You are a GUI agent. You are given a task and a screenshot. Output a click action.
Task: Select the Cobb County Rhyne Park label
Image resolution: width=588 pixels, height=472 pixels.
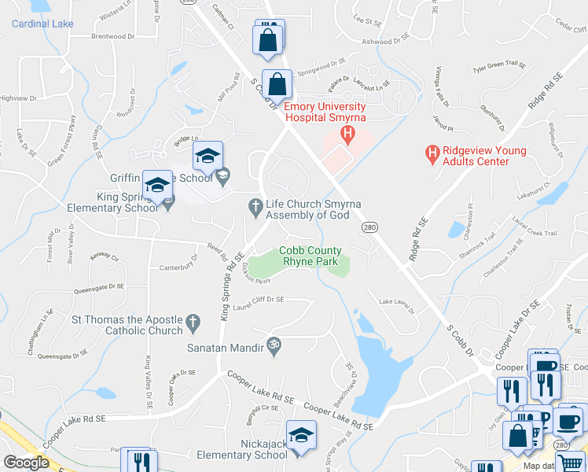[x=311, y=256]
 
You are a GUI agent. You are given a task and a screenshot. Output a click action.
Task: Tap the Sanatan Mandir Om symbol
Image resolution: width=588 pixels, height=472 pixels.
[x=274, y=345]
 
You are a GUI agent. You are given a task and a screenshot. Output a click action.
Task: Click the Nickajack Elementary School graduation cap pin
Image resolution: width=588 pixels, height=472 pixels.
[x=301, y=435]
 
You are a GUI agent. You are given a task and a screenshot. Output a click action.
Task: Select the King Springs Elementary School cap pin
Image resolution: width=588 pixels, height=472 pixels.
[x=158, y=186]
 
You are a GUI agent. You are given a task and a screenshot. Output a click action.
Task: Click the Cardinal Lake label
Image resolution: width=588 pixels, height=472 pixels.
[x=42, y=24]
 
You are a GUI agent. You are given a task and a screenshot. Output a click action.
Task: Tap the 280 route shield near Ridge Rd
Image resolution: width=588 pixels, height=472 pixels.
[x=369, y=227]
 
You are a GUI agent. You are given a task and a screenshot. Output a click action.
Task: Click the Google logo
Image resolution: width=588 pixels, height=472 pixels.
[x=27, y=463]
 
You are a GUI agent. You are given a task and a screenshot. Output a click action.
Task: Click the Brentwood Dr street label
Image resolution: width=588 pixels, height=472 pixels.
[x=113, y=36]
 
